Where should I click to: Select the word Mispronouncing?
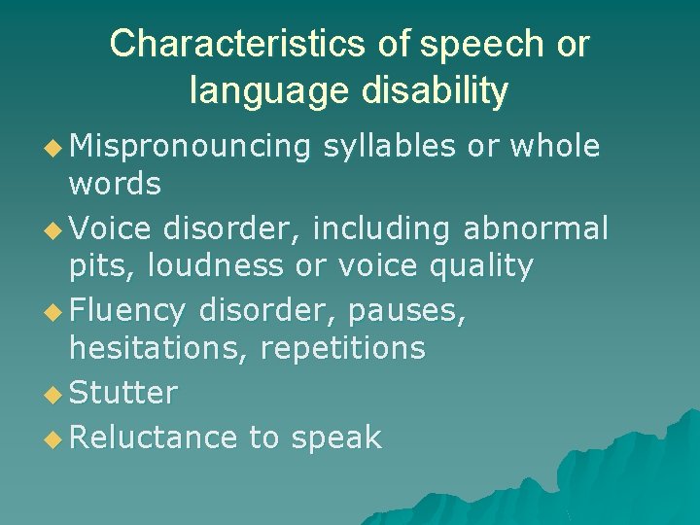pyautogui.click(x=191, y=148)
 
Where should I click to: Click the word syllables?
pyautogui.click(x=387, y=148)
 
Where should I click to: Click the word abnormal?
pyautogui.click(x=536, y=229)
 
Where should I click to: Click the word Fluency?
pyautogui.click(x=126, y=311)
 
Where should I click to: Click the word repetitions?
pyautogui.click(x=343, y=348)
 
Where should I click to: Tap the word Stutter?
pyautogui.click(x=123, y=393)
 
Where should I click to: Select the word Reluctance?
pyautogui.click(x=154, y=437)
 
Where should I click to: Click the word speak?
pyautogui.click(x=334, y=438)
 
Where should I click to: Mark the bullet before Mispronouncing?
pyautogui.click(x=53, y=147)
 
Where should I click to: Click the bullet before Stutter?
pyautogui.click(x=53, y=394)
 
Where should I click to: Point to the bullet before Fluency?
pyautogui.click(x=53, y=311)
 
